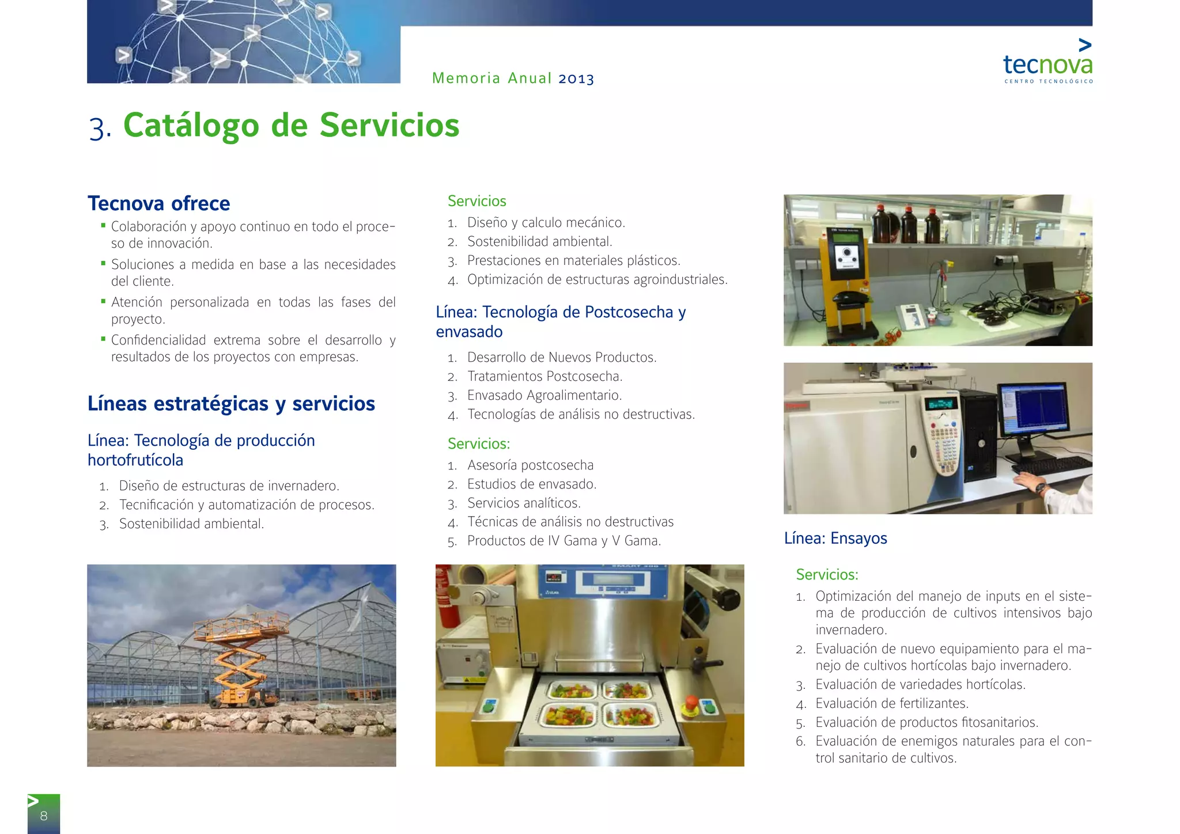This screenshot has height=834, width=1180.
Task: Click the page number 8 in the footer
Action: (x=43, y=816)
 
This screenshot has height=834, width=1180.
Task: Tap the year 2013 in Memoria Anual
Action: (x=576, y=78)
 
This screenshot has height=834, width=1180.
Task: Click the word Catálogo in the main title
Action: (x=191, y=125)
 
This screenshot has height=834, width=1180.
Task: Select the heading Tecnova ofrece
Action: (x=158, y=203)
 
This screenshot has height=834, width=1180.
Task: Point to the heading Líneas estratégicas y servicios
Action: (x=231, y=403)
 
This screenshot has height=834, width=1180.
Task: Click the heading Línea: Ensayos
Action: (x=835, y=538)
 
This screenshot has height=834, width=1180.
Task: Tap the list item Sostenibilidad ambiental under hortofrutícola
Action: (x=191, y=524)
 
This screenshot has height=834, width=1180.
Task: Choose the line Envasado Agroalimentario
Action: (x=544, y=395)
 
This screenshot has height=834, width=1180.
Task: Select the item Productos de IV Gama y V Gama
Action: (x=563, y=541)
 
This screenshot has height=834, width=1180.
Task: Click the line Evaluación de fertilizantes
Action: (x=891, y=703)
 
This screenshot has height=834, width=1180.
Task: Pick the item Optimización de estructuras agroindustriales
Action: (x=597, y=279)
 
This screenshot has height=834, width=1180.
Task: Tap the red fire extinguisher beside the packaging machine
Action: (x=444, y=599)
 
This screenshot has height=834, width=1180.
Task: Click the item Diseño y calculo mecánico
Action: (x=546, y=222)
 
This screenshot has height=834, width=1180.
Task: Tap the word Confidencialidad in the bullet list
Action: (x=158, y=340)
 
